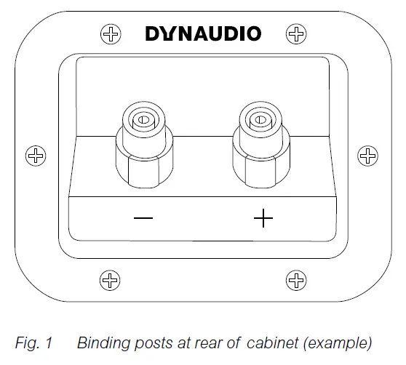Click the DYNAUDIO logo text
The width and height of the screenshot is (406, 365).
click(x=203, y=33)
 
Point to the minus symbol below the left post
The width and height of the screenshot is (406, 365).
click(x=143, y=219)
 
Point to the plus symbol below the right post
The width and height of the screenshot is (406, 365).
click(x=263, y=219)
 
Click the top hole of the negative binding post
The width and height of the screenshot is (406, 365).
click(x=143, y=119)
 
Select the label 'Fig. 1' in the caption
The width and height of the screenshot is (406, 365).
click(x=35, y=342)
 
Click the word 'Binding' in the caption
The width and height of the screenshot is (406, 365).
click(x=100, y=342)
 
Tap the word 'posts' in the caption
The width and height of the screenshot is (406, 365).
click(x=145, y=342)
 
